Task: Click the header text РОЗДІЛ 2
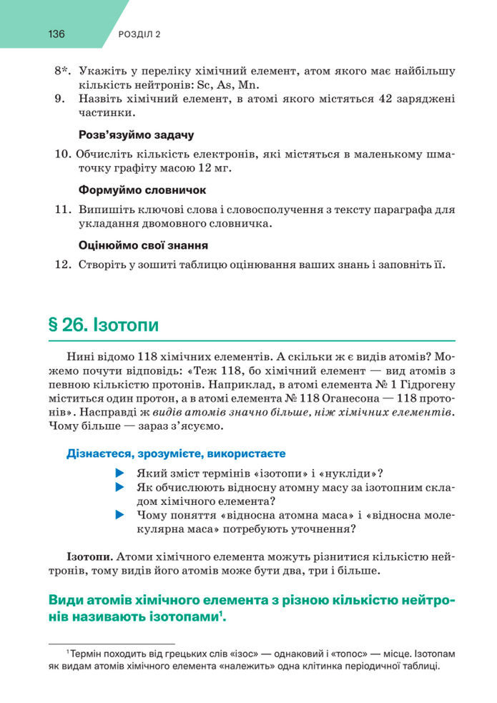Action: [x=138, y=34]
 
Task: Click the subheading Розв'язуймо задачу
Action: [x=136, y=134]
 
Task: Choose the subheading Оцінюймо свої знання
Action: [x=143, y=245]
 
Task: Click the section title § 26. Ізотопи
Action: [x=103, y=325]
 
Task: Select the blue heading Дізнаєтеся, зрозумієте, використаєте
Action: [x=176, y=453]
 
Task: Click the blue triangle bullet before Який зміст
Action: [x=119, y=473]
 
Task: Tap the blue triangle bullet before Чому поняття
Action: [x=119, y=515]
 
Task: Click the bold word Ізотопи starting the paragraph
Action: [x=89, y=556]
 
